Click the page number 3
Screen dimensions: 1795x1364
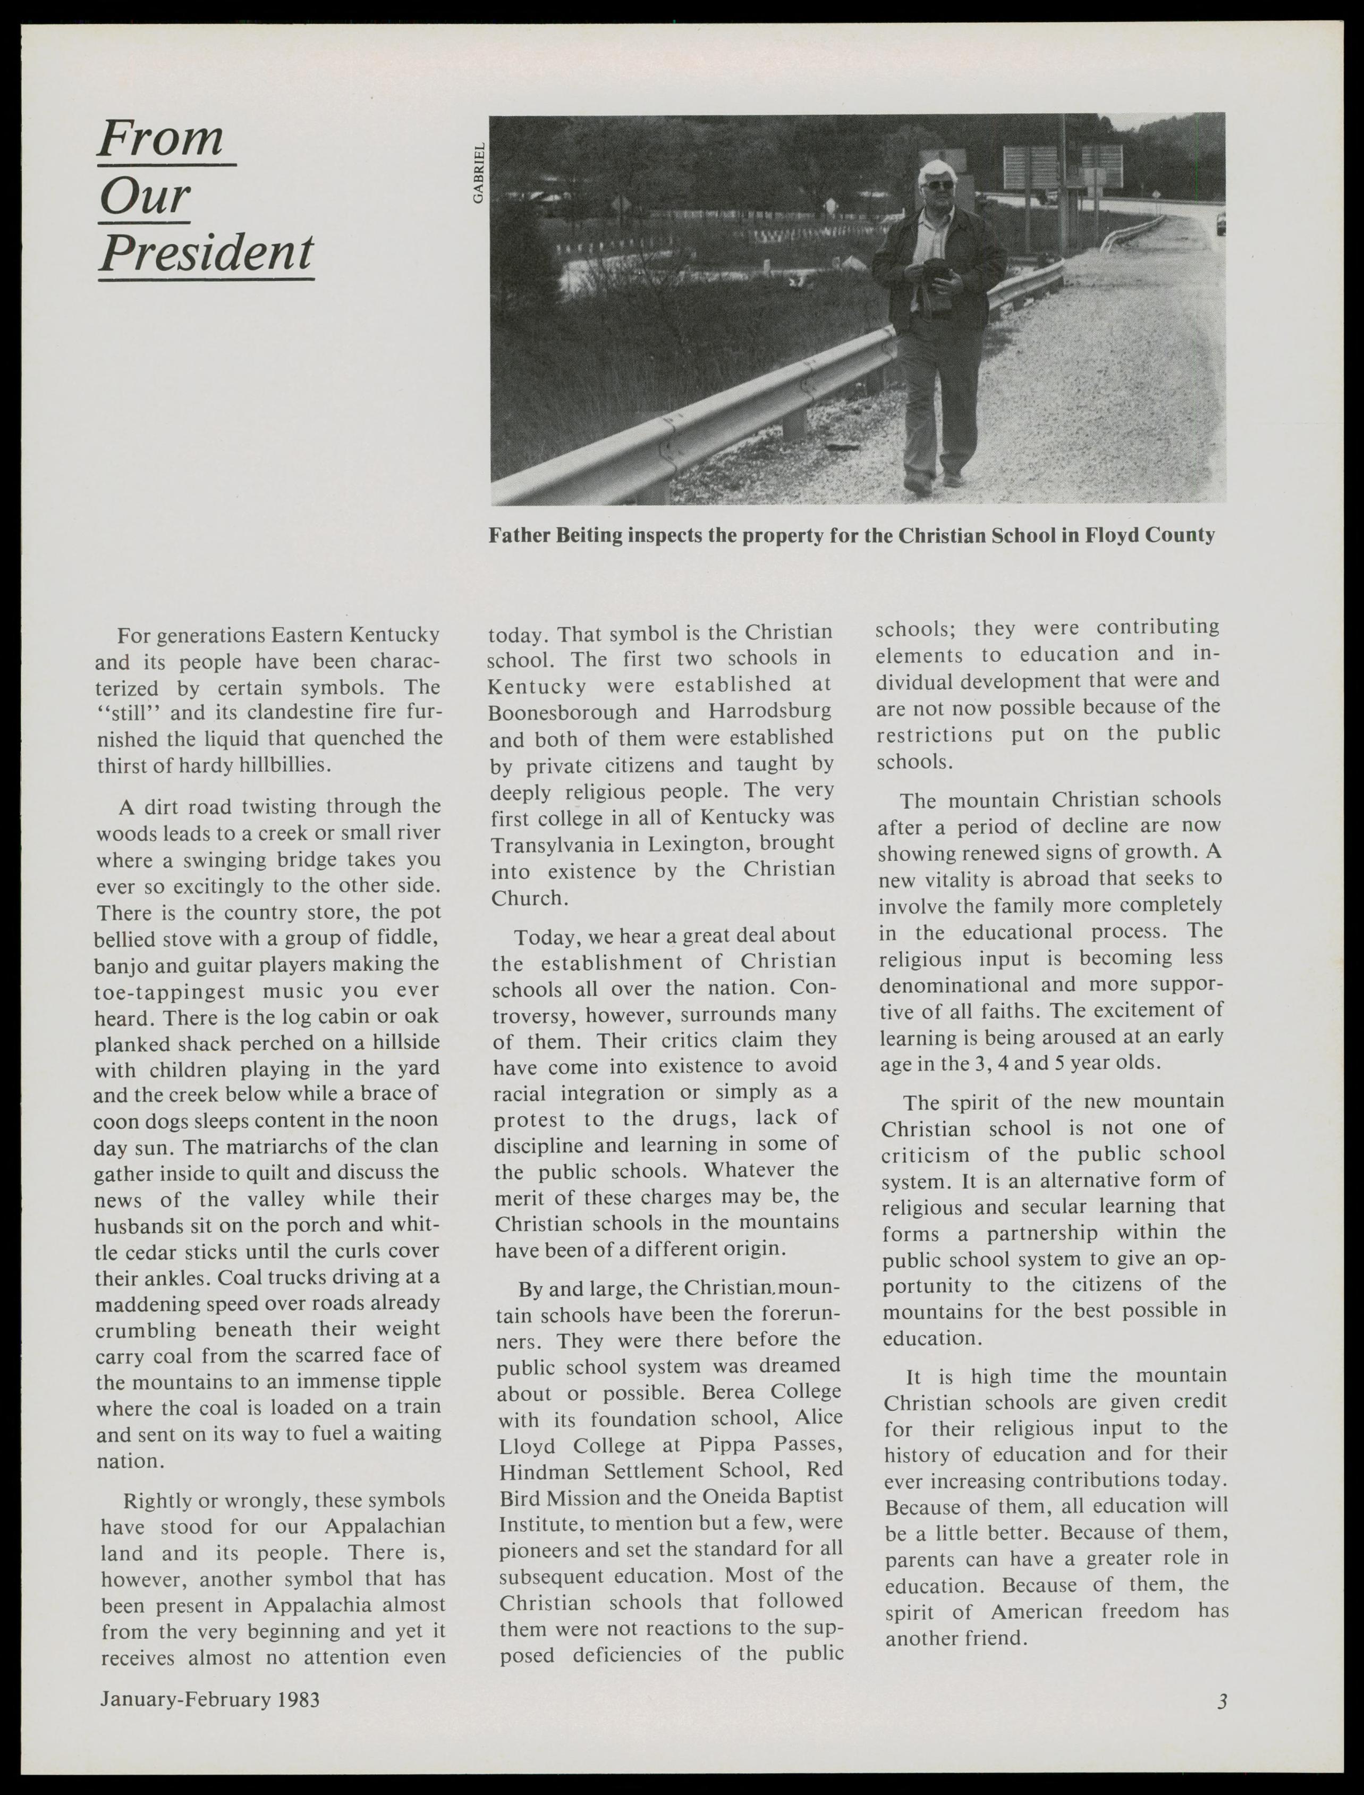click(x=1222, y=1699)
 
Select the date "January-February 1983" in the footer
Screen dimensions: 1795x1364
click(x=209, y=1698)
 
